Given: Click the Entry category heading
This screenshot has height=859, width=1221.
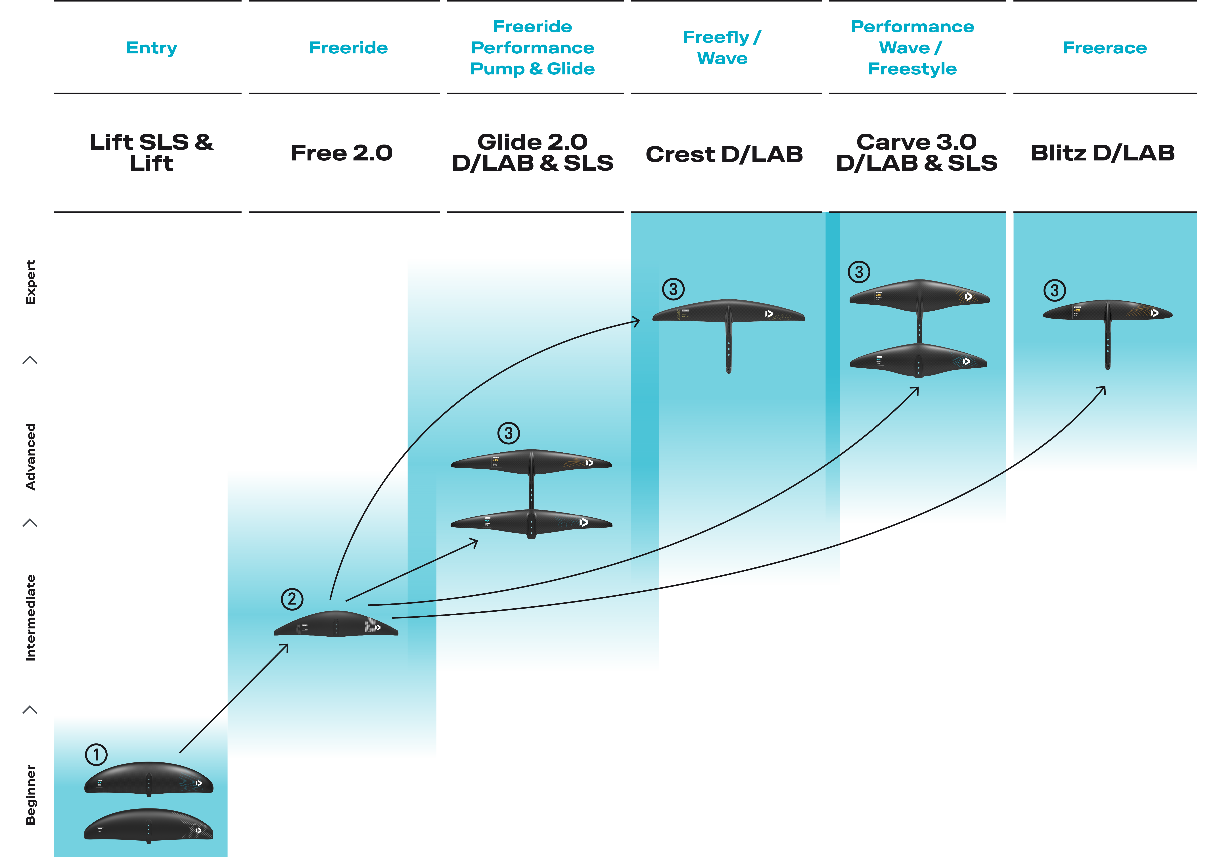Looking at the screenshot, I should pos(152,48).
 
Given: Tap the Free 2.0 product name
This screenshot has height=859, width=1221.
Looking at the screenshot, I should pos(341,153).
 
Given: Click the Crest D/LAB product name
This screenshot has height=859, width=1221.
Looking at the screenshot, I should pos(724,154).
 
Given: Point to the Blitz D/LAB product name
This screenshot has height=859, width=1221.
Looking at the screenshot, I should pos(1102,153).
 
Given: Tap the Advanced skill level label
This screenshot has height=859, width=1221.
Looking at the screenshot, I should pos(31,456).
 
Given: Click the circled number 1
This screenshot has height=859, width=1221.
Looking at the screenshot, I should pos(96,754).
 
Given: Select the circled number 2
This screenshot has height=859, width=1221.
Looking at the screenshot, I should pos(292,599).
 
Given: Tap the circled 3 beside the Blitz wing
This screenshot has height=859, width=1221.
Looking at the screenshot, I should pos(1055,290).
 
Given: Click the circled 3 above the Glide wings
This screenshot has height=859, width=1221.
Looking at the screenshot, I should pos(508,433).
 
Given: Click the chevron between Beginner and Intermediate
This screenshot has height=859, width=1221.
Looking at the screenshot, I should pos(30,710).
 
